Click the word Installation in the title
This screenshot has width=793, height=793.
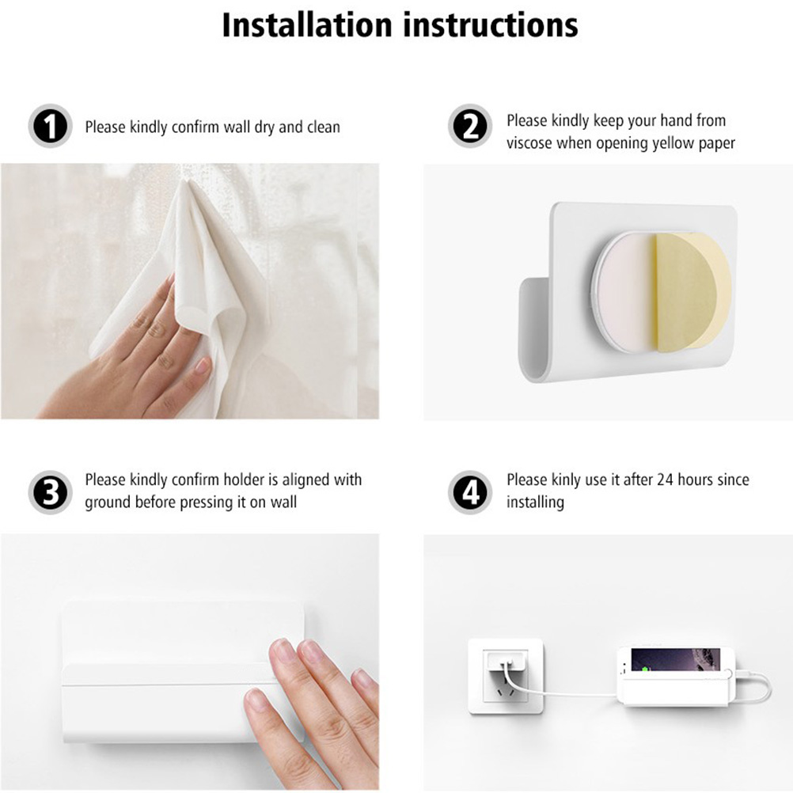pyautogui.click(x=307, y=25)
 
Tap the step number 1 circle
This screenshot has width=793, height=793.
pyautogui.click(x=50, y=126)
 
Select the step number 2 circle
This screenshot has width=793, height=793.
pyautogui.click(x=470, y=126)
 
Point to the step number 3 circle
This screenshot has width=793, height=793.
pyautogui.click(x=50, y=492)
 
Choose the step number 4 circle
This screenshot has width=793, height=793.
pyautogui.click(x=470, y=492)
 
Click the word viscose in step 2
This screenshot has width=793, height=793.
pyautogui.click(x=529, y=143)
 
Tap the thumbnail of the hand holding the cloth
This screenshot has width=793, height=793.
pyautogui.click(x=202, y=366)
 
